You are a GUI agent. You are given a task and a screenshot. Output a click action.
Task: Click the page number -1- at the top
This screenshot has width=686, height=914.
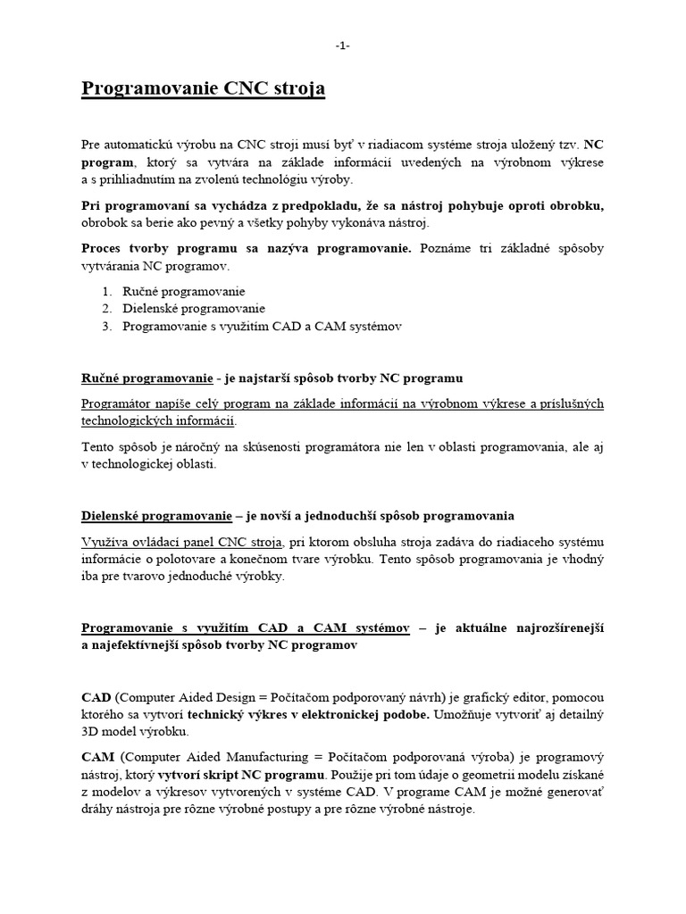(343, 46)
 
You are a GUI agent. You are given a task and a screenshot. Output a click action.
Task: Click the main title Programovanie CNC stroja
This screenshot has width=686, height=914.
(204, 89)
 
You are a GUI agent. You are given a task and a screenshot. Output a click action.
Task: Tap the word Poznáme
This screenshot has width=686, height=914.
(445, 248)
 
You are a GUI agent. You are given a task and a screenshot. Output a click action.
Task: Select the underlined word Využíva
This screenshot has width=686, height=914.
(105, 541)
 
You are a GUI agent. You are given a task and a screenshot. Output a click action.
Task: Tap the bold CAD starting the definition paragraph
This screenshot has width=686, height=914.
(96, 696)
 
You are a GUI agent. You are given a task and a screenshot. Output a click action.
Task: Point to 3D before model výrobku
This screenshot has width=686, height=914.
(92, 731)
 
